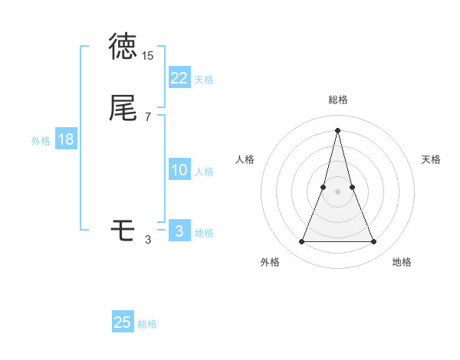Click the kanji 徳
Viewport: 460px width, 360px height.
pyautogui.click(x=123, y=47)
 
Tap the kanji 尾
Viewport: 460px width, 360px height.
pyautogui.click(x=123, y=108)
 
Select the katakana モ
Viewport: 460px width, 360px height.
pyautogui.click(x=123, y=230)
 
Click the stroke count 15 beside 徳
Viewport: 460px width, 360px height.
pyautogui.click(x=148, y=56)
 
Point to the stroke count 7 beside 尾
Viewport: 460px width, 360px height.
pyautogui.click(x=148, y=117)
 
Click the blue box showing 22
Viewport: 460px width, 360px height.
pyautogui.click(x=179, y=78)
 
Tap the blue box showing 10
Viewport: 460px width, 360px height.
pyautogui.click(x=179, y=170)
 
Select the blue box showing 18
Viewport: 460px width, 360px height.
pyautogui.click(x=66, y=139)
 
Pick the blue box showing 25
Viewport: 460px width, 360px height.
pyautogui.click(x=123, y=322)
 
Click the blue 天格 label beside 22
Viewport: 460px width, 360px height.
pyautogui.click(x=204, y=80)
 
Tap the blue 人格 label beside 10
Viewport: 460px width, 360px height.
pyautogui.click(x=204, y=172)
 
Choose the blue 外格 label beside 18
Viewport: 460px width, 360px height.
pyautogui.click(x=41, y=141)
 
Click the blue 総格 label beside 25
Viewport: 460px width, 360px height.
pyautogui.click(x=147, y=324)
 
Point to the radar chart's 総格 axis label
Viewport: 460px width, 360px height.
pyautogui.click(x=337, y=100)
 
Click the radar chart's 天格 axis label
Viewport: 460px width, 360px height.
pyautogui.click(x=431, y=159)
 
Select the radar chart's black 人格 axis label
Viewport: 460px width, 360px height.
pyautogui.click(x=245, y=159)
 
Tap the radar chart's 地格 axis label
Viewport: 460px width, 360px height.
pyautogui.click(x=402, y=262)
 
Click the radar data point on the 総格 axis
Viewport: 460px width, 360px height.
pyautogui.click(x=337, y=129)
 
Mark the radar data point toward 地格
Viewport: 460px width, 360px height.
pyautogui.click(x=373, y=242)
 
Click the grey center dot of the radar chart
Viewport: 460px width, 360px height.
pyautogui.click(x=337, y=190)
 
